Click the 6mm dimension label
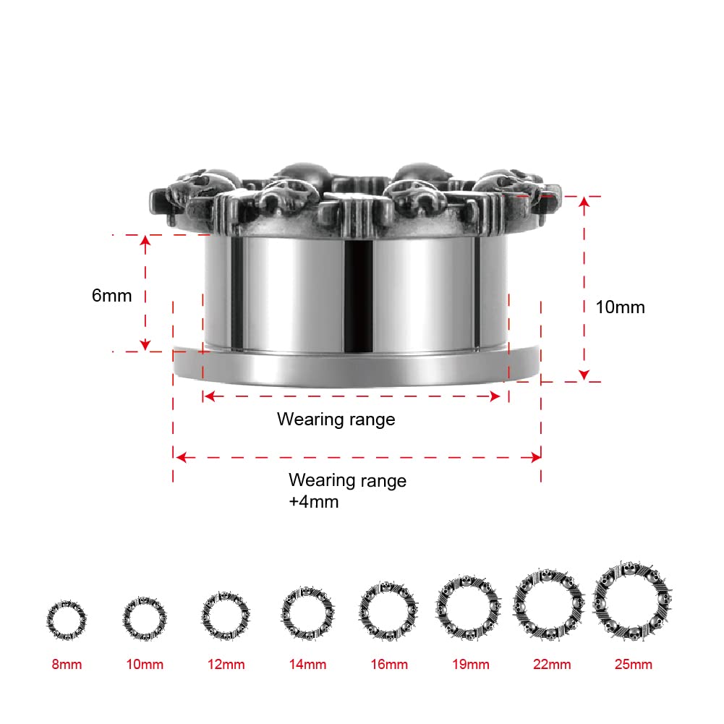[112, 296]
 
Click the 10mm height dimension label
[620, 307]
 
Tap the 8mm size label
[67, 664]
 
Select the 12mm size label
[225, 664]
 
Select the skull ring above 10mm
[145, 618]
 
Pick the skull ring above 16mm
[389, 612]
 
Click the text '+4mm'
[313, 501]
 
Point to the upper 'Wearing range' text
[336, 419]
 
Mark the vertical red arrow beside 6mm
[145, 292]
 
